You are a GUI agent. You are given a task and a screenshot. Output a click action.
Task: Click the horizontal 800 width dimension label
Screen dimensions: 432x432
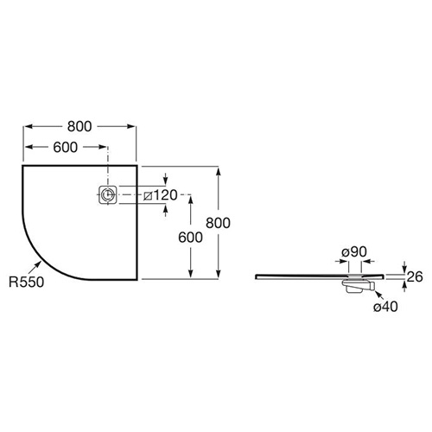click(79, 126)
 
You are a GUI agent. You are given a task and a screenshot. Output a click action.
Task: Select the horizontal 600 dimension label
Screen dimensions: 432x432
click(66, 147)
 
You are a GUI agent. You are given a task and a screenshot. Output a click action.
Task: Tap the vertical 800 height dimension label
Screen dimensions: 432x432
click(218, 223)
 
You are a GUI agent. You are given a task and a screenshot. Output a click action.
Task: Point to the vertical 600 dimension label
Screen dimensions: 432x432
click(190, 238)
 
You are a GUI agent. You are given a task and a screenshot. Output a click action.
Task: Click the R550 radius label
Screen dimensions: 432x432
click(26, 282)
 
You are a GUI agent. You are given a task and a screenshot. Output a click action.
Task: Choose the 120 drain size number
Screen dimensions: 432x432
click(165, 195)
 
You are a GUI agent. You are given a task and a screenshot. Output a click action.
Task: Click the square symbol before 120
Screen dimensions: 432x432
click(148, 196)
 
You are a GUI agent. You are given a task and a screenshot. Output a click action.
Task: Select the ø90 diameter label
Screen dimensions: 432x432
click(354, 252)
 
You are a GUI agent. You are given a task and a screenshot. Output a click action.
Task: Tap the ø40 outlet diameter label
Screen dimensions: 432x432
click(385, 307)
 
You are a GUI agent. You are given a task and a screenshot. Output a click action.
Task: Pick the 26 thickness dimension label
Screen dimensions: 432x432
click(415, 276)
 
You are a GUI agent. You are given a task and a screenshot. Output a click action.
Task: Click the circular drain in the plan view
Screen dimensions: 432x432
click(108, 195)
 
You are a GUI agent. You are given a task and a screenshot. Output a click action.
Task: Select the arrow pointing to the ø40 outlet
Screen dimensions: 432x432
click(379, 295)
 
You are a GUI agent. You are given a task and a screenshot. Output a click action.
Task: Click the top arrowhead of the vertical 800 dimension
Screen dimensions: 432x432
click(219, 171)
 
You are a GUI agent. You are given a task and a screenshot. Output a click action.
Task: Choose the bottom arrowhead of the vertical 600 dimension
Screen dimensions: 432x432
click(190, 274)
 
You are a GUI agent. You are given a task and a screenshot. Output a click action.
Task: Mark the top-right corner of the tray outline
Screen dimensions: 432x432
click(137, 166)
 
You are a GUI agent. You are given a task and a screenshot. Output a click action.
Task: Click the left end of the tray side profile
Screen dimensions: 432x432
click(256, 276)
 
